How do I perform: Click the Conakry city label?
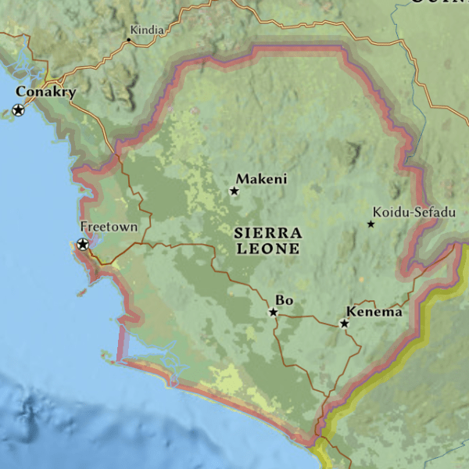45,93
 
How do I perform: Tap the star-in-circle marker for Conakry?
18,110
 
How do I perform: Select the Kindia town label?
148,30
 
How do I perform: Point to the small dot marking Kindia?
129,39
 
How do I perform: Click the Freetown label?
109,227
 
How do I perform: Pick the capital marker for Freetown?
83,245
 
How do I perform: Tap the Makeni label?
261,179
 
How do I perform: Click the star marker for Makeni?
234,191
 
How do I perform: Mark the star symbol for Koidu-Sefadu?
371,224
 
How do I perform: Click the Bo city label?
283,300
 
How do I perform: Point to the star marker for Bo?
274,313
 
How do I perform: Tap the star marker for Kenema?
344,323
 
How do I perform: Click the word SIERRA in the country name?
268,233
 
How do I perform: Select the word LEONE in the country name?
268,249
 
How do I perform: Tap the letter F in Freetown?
84,227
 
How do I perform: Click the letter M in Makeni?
242,179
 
